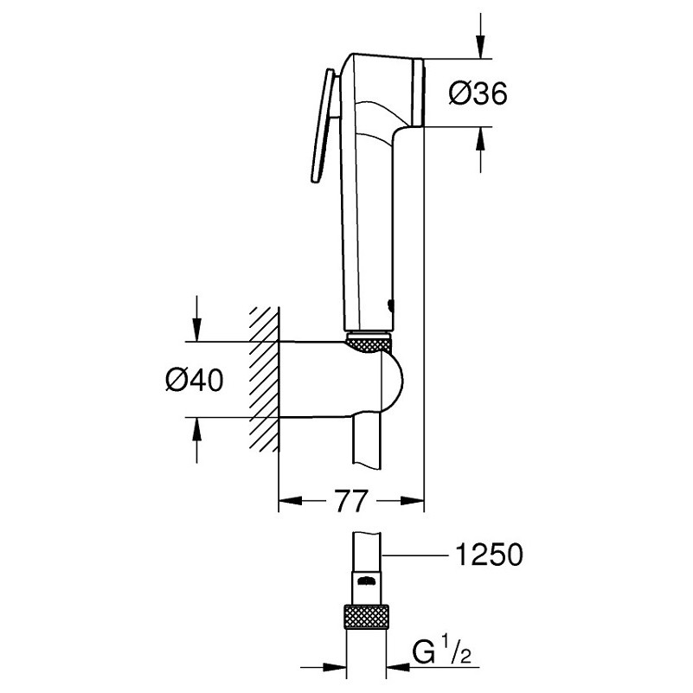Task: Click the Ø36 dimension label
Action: coord(478,93)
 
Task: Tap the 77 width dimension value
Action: coord(350,501)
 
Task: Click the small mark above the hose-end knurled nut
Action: coord(367,581)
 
